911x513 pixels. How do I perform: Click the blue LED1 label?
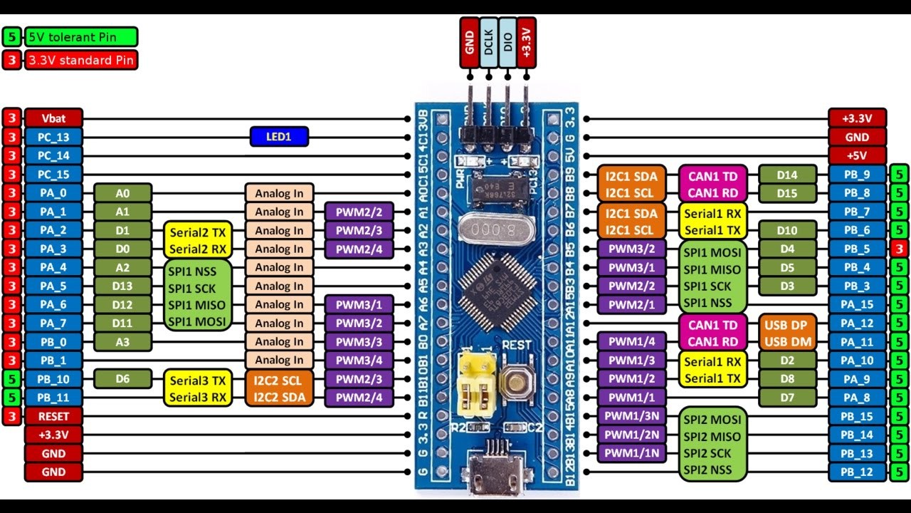pyautogui.click(x=279, y=137)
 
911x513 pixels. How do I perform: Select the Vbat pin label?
pyautogui.click(x=54, y=118)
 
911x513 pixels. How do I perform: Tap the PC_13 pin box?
pyautogui.click(x=54, y=137)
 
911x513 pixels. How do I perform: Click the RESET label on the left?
pyautogui.click(x=54, y=416)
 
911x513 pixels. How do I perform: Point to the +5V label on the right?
pyautogui.click(x=857, y=155)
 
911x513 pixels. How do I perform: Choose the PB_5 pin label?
pyautogui.click(x=857, y=249)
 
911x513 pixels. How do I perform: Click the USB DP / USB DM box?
pyautogui.click(x=788, y=333)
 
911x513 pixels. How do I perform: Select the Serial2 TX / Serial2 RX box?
pyautogui.click(x=198, y=239)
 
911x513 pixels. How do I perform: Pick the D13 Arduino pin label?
pyautogui.click(x=122, y=286)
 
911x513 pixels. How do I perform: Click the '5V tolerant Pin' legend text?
pyautogui.click(x=81, y=36)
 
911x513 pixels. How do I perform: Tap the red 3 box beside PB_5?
pyautogui.click(x=899, y=249)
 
